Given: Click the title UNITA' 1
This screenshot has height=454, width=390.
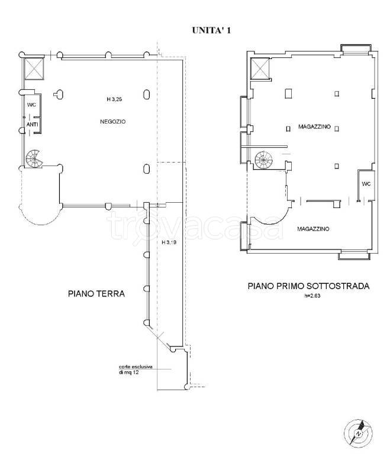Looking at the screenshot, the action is pos(211,30).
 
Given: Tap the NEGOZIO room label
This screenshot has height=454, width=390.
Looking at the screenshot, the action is pos(113,122).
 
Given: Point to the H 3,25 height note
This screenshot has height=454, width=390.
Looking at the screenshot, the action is pos(114,99).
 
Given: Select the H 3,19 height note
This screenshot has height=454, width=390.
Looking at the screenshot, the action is pos(169,242).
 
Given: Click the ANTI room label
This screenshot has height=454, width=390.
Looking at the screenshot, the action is pos(32,125).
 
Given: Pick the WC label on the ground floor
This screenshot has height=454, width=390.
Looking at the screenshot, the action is pos(31,105).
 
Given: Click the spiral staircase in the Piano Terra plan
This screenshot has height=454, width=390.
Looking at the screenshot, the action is pos(34,158).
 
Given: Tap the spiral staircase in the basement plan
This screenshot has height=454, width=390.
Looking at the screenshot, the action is pos(263,160).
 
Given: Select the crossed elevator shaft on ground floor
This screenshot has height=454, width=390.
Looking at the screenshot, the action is pos(34,69).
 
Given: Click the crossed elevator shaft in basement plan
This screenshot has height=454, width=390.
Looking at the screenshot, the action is pos(260,69).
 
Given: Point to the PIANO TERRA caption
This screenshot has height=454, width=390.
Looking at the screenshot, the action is pos(96,294).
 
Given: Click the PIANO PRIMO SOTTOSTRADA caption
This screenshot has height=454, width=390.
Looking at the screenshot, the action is pos(308,286).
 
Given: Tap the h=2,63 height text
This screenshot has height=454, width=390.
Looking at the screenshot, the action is pos(312,296).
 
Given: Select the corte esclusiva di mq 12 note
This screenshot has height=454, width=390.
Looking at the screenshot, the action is pos(136,369).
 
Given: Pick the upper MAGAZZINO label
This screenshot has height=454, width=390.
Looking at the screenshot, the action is pos(315,127).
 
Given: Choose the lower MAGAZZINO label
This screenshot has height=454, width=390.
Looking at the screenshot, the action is pos(313,229).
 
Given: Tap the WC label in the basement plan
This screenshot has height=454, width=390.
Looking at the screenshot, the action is pos(366,184).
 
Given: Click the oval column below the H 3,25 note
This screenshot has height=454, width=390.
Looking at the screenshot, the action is pos(146,169).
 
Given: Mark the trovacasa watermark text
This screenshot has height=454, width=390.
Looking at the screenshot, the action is pos(195,226).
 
